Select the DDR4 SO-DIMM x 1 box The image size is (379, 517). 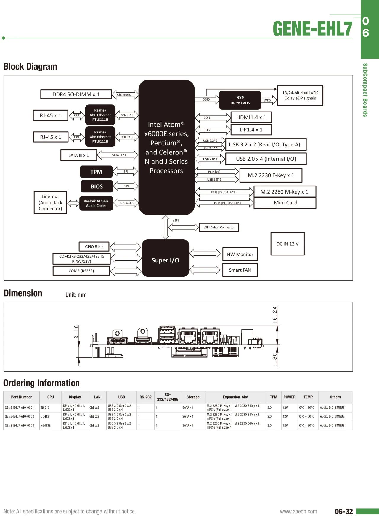[x=76, y=94]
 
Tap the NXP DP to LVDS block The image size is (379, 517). [x=240, y=100]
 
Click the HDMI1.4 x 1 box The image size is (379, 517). [x=251, y=117]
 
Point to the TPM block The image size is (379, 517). [x=96, y=172]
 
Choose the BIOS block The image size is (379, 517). [x=97, y=186]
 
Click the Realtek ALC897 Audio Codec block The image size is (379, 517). [x=96, y=203]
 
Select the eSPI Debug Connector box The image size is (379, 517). [x=219, y=227]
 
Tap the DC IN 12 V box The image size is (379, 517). [x=287, y=244]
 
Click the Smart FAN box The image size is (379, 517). [x=240, y=270]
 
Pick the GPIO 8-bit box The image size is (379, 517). [x=94, y=247]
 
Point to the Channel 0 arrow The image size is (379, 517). [x=124, y=95]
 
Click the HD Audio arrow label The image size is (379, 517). [x=127, y=203]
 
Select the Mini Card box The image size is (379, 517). [x=285, y=203]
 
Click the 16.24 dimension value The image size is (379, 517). [x=275, y=314]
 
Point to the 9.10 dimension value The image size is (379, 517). [x=76, y=332]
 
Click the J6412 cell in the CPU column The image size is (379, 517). [x=45, y=416]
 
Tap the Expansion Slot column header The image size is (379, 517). [x=235, y=397]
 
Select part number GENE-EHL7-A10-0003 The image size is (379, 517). [x=20, y=426]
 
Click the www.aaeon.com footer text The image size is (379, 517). [x=298, y=512]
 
